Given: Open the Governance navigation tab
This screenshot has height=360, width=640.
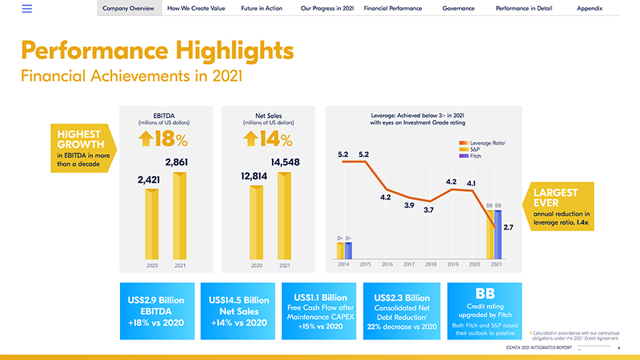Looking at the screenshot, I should click(x=458, y=8).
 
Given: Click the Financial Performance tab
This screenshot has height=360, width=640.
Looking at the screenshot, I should click(x=393, y=8).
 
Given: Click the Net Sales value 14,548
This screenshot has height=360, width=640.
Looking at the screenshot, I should click(x=285, y=161).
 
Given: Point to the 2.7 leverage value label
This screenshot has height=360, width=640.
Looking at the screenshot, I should click(x=508, y=228).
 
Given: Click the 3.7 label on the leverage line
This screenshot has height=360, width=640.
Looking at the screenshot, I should click(x=428, y=210).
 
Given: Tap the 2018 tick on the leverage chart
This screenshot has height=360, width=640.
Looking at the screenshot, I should click(x=430, y=264).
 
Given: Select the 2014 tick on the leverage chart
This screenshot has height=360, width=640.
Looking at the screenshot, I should click(x=344, y=264).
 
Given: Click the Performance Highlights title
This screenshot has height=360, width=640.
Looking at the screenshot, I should click(x=158, y=51).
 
